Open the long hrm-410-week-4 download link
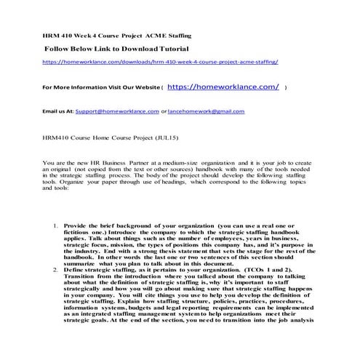tap(161, 63)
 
